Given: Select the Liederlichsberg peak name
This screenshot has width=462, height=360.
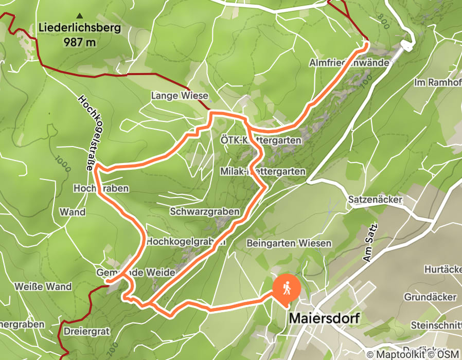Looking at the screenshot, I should [79, 28].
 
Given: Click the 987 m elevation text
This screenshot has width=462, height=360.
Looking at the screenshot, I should [80, 42].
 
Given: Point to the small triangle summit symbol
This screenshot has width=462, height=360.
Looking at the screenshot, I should [79, 15].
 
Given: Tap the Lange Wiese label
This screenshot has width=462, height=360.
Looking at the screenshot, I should [180, 96].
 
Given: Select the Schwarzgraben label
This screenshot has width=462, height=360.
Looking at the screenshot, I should [205, 211].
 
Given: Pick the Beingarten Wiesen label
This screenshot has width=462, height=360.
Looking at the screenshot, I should [289, 243].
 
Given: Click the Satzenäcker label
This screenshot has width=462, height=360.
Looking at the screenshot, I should [375, 199].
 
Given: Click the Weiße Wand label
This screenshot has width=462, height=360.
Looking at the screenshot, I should [43, 286].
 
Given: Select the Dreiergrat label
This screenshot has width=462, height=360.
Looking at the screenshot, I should [87, 332].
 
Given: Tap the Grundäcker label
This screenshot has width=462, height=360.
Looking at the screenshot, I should [430, 297].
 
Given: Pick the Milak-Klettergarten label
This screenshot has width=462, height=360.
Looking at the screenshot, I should [262, 171].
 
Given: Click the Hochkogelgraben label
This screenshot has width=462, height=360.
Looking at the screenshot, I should [186, 241].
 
